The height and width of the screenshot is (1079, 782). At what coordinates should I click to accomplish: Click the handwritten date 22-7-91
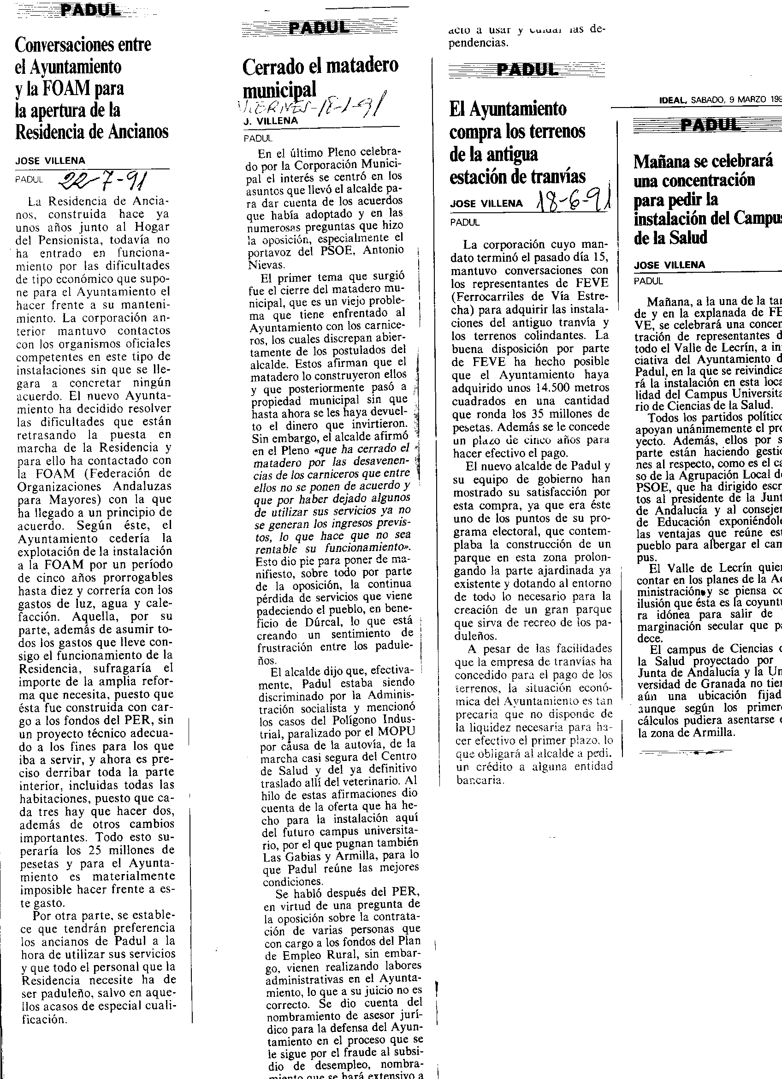pos(102,180)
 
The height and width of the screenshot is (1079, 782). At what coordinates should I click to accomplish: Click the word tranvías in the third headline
pos(559,176)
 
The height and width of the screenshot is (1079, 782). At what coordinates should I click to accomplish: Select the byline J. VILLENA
pos(271,121)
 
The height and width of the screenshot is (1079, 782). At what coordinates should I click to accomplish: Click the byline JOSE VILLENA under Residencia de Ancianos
pos(50,161)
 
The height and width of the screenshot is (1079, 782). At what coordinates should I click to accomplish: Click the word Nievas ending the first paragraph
pos(266,264)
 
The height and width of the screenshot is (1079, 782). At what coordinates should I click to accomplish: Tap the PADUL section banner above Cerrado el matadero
pos(320,28)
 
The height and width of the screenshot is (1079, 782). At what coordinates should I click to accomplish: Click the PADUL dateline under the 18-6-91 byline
pos(465,222)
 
